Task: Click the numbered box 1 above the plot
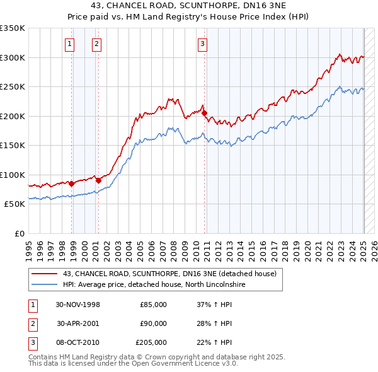[x=69, y=44]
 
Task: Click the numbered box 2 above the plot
[x=96, y=44]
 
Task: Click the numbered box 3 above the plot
[x=202, y=44]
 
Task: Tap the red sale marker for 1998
[x=72, y=184]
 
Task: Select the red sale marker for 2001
[x=98, y=180]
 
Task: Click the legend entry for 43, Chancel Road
[x=169, y=274]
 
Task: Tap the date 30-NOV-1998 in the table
[x=78, y=305]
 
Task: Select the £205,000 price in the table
[x=151, y=342]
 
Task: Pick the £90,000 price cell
[x=153, y=323]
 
